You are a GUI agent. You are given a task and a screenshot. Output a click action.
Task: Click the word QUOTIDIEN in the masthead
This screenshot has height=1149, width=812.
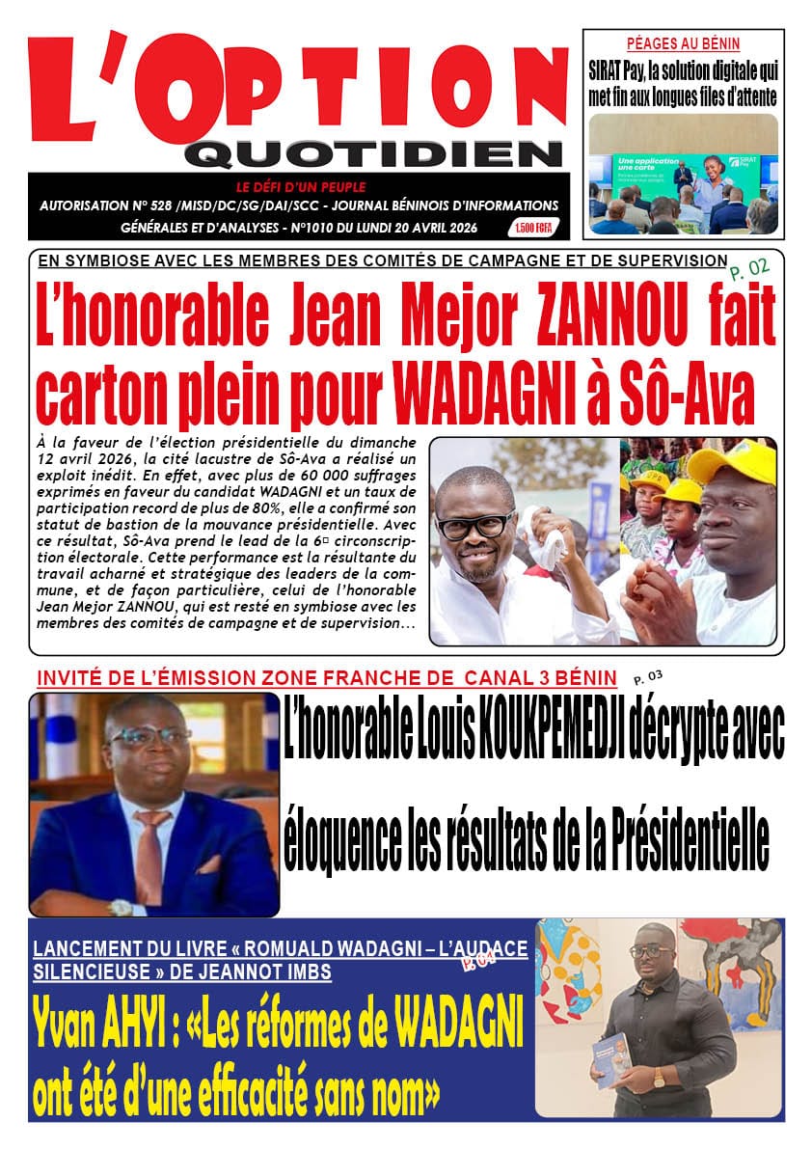(373, 153)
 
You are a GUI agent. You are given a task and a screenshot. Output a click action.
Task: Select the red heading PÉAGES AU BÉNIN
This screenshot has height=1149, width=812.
(683, 43)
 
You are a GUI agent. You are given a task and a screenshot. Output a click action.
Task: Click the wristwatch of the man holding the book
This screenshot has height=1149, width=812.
(660, 1078)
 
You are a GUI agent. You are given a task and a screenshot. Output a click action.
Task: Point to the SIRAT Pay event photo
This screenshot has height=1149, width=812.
(683, 175)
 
